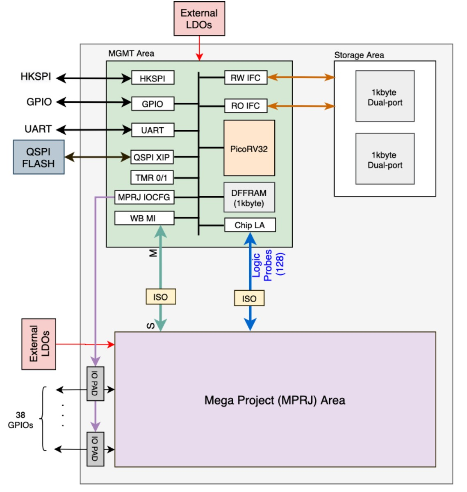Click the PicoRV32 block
[x=249, y=148]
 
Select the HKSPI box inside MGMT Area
[x=153, y=78]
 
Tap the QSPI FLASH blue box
[x=39, y=157]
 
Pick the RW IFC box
[x=246, y=78]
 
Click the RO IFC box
[x=246, y=106]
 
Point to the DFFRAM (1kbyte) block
[x=249, y=198]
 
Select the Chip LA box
[x=250, y=225]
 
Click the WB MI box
[x=144, y=218]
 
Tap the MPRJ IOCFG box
[x=144, y=197]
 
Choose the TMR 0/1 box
[x=152, y=177]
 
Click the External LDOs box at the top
[x=199, y=18]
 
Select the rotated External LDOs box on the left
[x=39, y=344]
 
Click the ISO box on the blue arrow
[x=249, y=298]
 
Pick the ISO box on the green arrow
[x=161, y=297]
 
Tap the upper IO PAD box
[x=95, y=384]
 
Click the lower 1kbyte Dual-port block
[x=385, y=159]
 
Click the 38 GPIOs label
[x=21, y=420]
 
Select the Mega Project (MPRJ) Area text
[x=275, y=400]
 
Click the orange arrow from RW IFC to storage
[x=301, y=77]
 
